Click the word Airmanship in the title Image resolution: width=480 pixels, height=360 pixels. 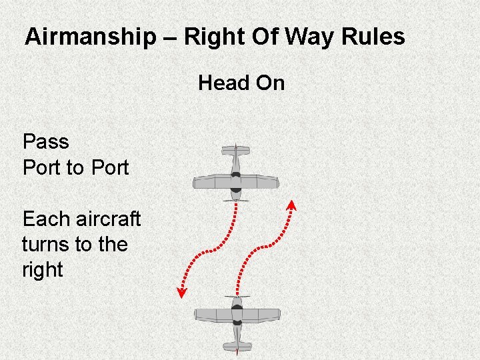89,37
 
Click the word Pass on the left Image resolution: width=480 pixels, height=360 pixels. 45,141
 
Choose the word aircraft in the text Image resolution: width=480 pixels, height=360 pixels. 109,219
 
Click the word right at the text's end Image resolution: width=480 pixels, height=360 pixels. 42,270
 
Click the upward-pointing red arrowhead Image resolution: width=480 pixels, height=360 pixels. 291,204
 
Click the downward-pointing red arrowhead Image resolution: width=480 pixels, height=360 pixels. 181,292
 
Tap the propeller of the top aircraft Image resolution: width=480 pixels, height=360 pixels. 235,199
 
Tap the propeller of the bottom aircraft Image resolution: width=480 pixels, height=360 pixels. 237,297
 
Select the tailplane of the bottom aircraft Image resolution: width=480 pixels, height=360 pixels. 237,346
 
